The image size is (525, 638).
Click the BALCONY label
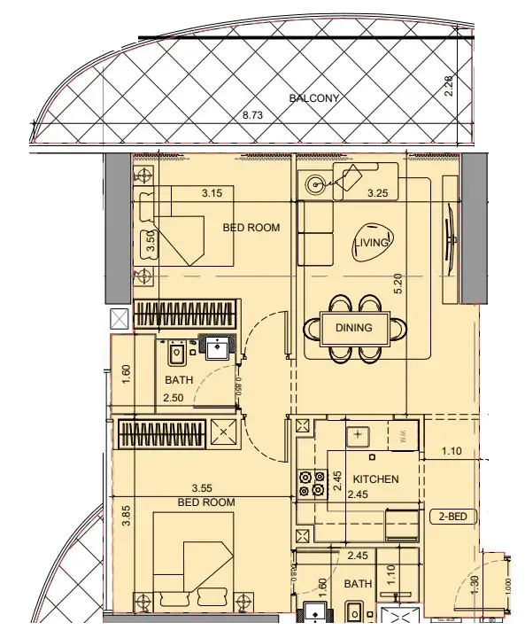[314, 98]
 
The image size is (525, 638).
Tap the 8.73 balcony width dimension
[254, 115]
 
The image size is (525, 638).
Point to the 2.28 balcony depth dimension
[450, 86]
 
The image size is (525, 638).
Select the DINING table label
[353, 327]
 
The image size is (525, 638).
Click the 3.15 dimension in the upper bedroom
[211, 192]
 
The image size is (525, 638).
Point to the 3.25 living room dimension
[377, 192]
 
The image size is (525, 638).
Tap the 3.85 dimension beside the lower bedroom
[127, 516]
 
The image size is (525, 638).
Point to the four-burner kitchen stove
[311, 482]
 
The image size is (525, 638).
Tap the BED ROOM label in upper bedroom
[251, 228]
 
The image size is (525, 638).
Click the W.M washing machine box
[404, 436]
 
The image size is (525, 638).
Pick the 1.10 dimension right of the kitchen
[452, 451]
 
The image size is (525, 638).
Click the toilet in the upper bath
[176, 353]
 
